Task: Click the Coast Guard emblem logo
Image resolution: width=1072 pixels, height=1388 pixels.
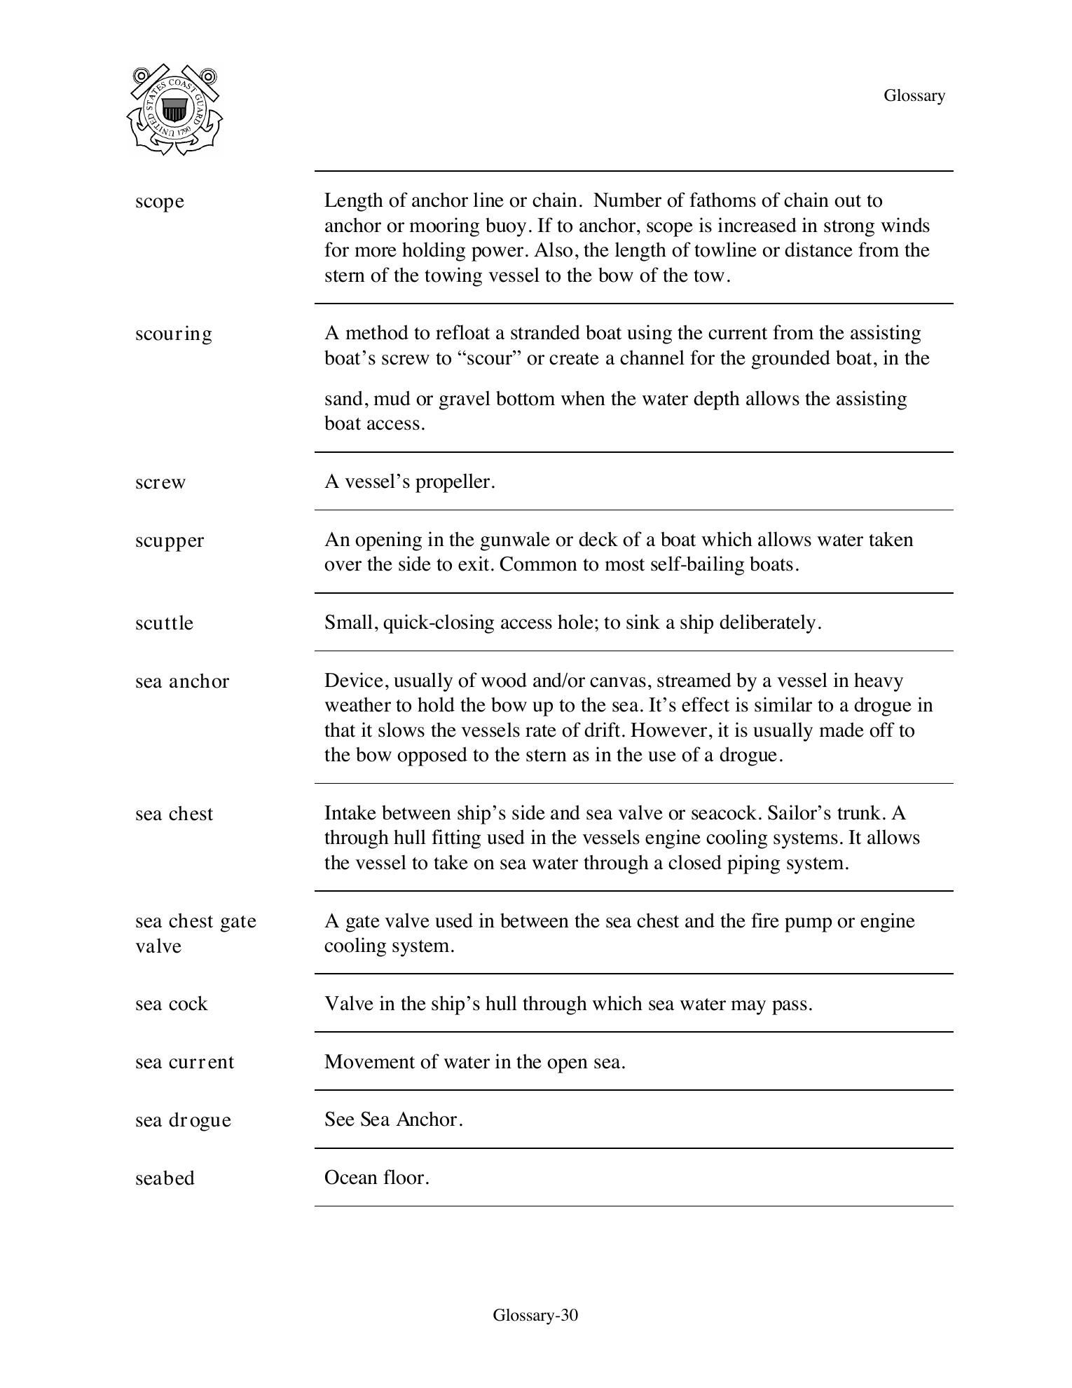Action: coord(175,109)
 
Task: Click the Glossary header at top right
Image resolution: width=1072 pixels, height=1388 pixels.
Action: coord(914,95)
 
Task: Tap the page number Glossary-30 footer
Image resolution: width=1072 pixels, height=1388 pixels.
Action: coord(535,1315)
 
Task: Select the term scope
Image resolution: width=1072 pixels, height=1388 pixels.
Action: coord(160,201)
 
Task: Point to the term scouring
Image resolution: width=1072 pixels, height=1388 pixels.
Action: coord(173,334)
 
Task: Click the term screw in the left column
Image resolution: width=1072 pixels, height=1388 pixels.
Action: coord(160,482)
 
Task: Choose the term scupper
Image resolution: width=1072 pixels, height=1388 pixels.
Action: coord(170,540)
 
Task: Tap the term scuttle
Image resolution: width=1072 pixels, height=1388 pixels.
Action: coord(164,623)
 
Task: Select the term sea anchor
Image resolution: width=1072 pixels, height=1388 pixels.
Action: coord(182,681)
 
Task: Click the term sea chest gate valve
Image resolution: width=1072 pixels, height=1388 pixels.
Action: coord(195,933)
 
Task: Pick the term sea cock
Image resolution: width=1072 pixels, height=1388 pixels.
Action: coord(171,1004)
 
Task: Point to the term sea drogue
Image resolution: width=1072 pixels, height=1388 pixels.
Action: coord(183,1120)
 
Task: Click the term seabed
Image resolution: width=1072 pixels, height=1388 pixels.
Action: coord(165,1178)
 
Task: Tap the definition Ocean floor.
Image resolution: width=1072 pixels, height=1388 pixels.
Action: coord(376,1178)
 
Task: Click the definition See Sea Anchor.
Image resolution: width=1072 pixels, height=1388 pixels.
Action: coord(393,1120)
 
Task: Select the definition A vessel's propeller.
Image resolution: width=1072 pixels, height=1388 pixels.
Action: coord(409,482)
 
